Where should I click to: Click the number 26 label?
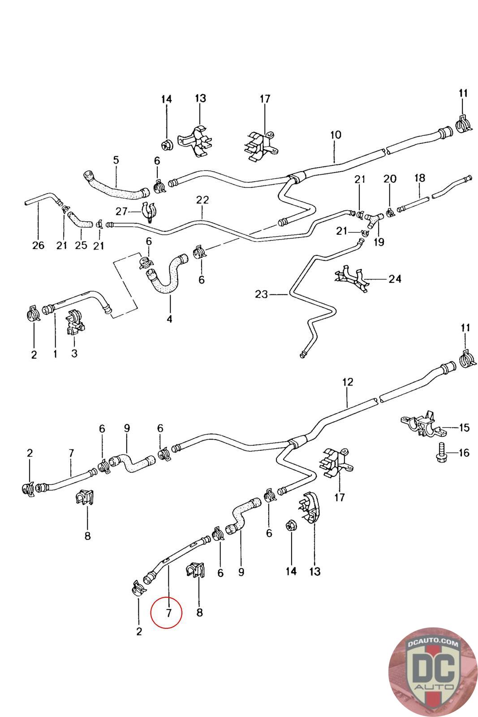coord(38,245)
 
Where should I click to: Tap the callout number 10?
coord(336,134)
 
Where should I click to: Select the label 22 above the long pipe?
coord(202,200)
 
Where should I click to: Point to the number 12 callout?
coord(348,382)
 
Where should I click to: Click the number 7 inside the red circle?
coord(168,613)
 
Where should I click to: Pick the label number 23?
coord(261,294)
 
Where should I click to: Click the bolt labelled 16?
coord(439,453)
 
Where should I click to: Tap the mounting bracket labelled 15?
coord(422,423)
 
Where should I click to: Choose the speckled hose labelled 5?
coord(116,188)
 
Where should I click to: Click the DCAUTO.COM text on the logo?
coord(433,644)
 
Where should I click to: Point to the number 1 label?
coord(55,354)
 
